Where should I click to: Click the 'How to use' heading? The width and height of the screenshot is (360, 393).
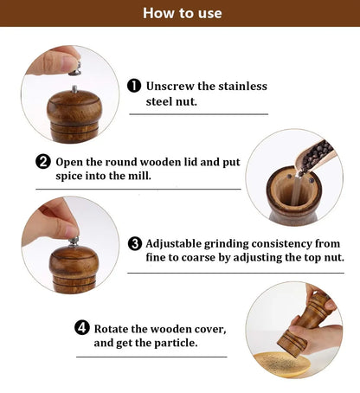(x=181, y=13)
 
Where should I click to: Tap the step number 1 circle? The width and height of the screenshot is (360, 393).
(x=134, y=86)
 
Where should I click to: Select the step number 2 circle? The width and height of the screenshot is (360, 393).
(x=42, y=162)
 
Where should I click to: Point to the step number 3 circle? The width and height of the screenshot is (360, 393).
(x=134, y=243)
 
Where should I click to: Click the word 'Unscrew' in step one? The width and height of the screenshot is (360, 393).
(x=170, y=86)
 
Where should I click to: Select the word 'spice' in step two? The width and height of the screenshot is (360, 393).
(x=72, y=176)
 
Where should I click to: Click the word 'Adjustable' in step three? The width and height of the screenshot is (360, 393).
(x=178, y=243)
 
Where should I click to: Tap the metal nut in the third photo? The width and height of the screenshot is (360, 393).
(x=74, y=240)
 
